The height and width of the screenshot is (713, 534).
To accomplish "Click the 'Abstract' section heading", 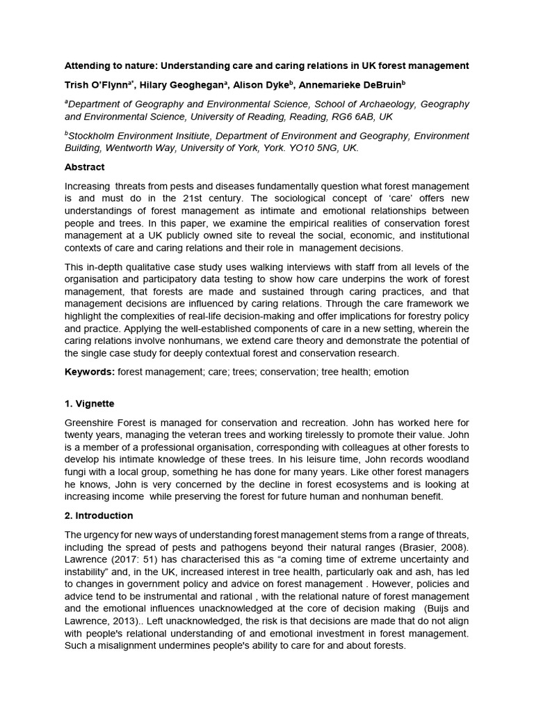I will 84,167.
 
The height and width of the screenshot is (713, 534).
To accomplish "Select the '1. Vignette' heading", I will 89,403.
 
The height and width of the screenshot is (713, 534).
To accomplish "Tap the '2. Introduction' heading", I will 98,516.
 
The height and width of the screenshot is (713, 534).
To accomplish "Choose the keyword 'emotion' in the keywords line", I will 391,372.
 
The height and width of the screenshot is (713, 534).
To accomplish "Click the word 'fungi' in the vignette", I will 76,473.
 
